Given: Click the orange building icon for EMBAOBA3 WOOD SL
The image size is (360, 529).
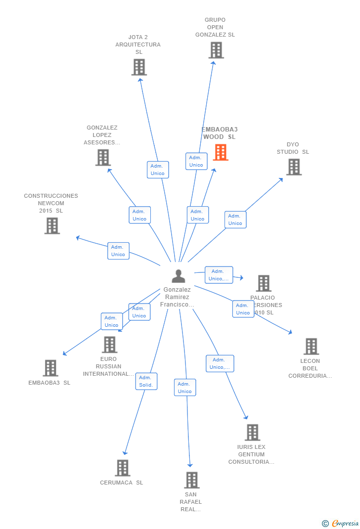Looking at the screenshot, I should [x=221, y=152].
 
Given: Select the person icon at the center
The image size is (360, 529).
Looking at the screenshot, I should [x=179, y=276].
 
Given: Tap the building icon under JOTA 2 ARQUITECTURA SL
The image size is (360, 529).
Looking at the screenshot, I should [x=139, y=67].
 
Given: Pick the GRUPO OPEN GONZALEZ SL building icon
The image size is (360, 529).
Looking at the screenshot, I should [x=216, y=50].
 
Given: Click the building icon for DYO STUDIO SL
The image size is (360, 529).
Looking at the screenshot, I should [x=294, y=167].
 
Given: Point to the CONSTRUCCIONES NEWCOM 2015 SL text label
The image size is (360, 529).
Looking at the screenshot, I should [x=51, y=203].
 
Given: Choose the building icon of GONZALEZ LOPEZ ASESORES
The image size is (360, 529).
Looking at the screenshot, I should [x=103, y=157].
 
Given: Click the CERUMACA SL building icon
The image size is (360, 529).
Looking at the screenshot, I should [x=122, y=468].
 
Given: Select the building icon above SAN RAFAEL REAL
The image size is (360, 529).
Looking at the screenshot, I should [x=191, y=480].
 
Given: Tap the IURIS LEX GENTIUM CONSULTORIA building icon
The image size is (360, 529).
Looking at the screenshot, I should [x=252, y=432].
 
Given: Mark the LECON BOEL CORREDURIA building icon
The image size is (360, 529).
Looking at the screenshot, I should [x=311, y=346].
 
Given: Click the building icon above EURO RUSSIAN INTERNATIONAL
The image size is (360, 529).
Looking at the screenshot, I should [x=109, y=344].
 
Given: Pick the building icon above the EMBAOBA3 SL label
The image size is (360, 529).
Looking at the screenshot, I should [x=50, y=368].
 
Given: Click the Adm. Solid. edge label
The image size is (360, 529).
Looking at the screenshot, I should [x=146, y=381].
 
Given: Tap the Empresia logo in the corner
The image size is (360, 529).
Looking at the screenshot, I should [x=345, y=524].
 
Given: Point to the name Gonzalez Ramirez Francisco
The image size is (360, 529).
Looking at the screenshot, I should [x=177, y=297].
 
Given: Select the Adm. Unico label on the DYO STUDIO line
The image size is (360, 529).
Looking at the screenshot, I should [x=235, y=220].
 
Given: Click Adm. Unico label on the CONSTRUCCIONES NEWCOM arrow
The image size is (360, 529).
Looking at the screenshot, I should [x=118, y=251].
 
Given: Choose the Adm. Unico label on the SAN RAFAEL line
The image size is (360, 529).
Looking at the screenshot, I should [x=185, y=388].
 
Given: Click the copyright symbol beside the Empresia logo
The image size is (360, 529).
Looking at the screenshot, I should [x=325, y=524].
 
